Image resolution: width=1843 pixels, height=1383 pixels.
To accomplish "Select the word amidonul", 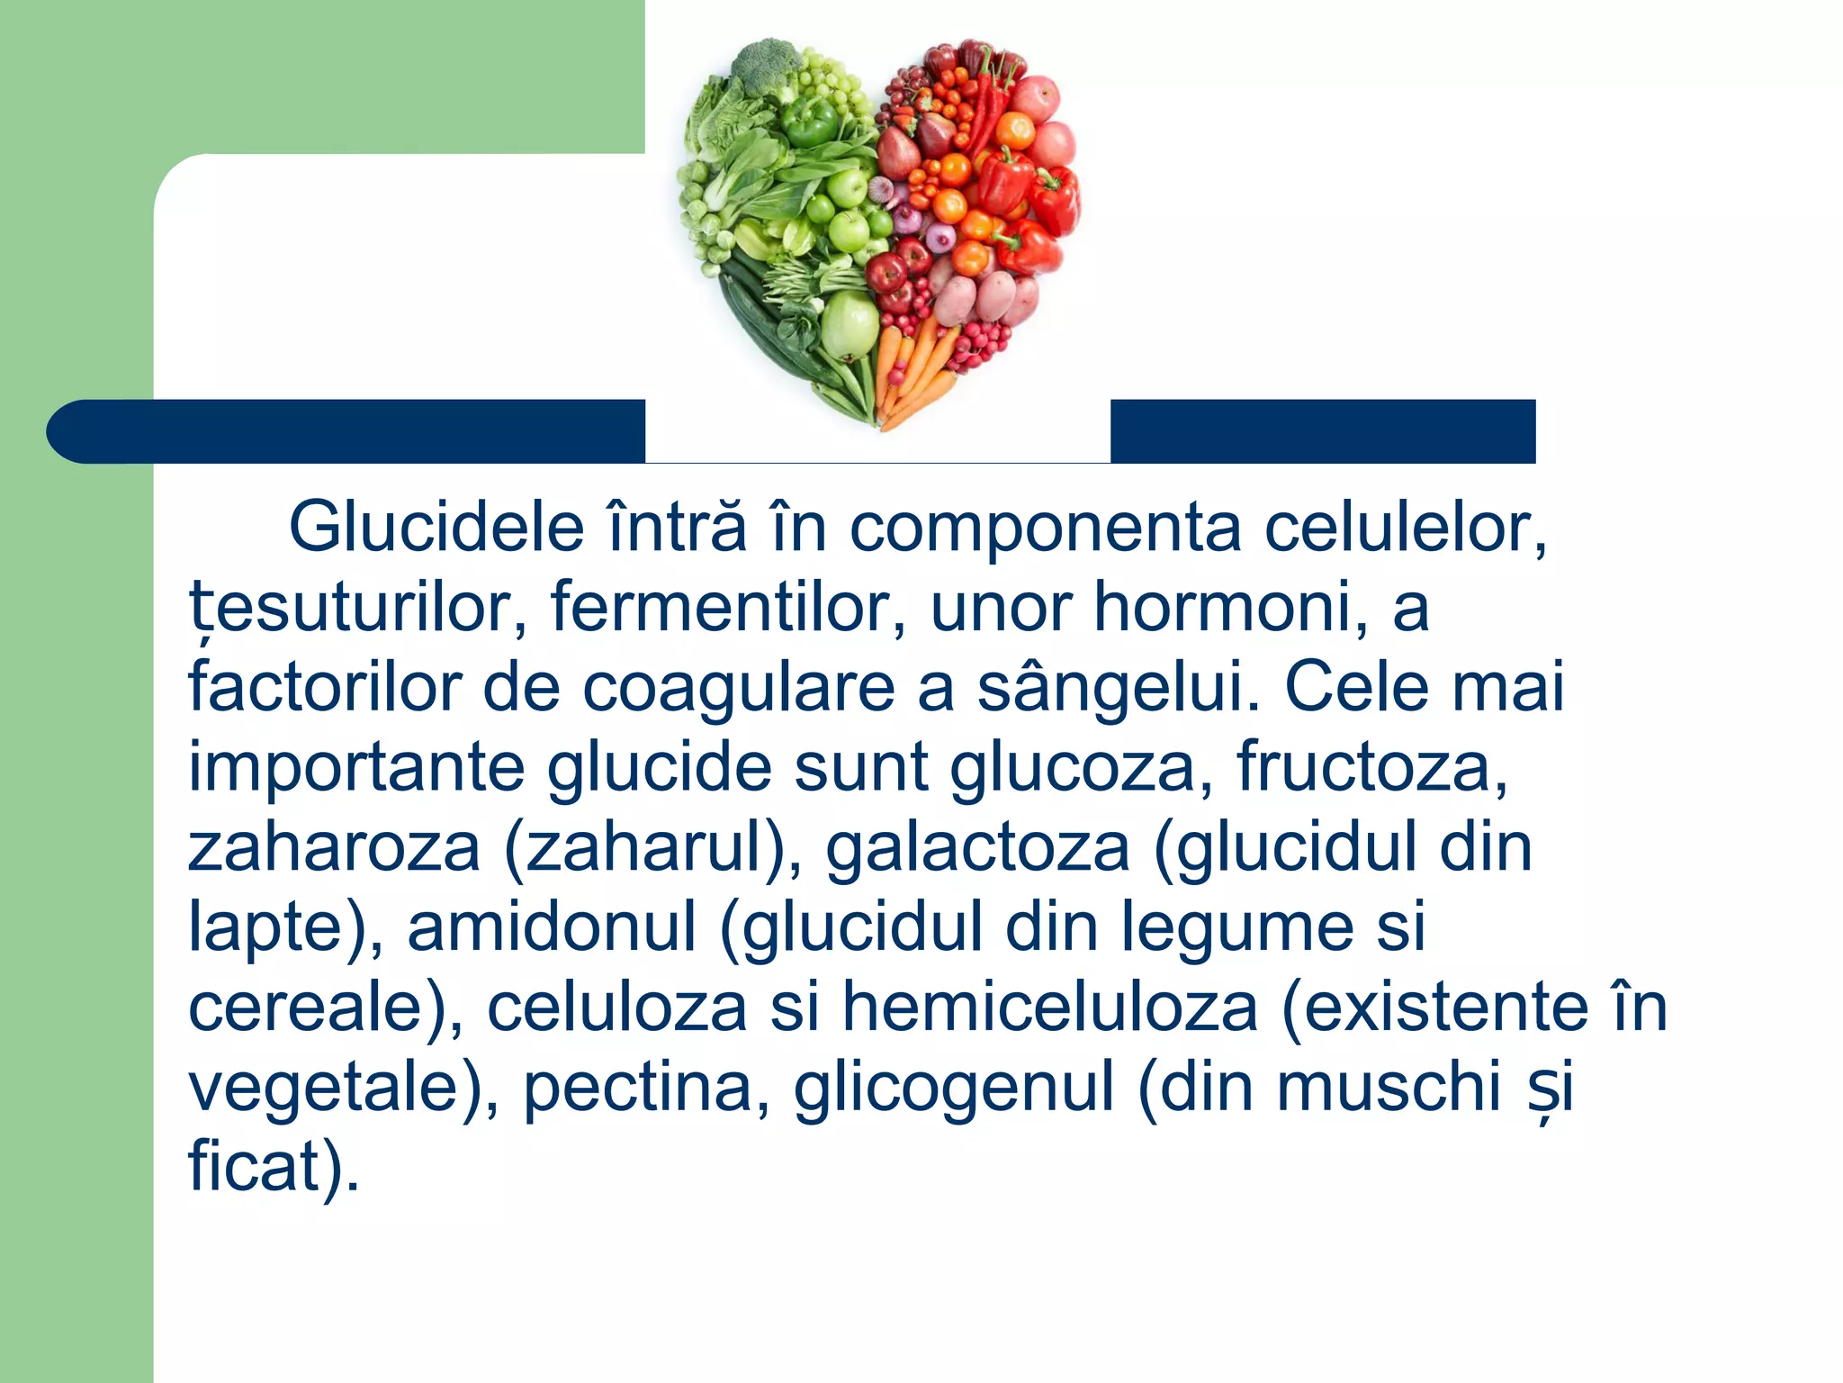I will [552, 927].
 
